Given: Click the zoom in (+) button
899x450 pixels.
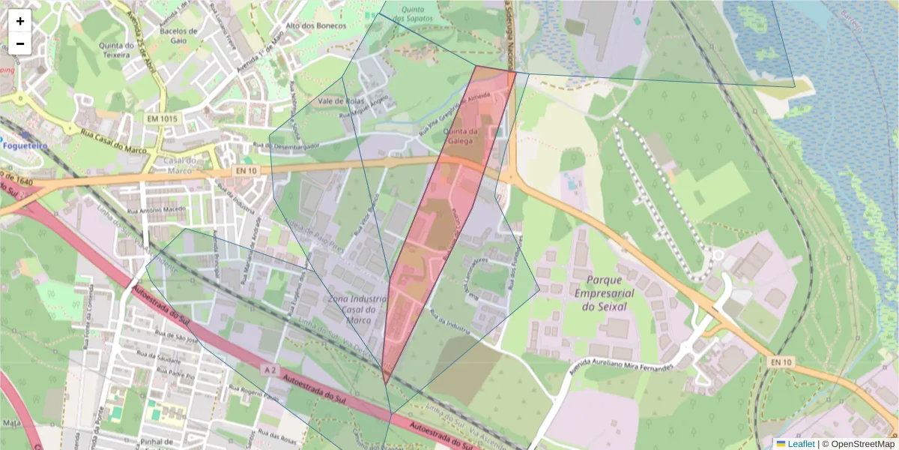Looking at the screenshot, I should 20,21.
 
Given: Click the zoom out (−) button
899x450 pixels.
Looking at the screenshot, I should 20,43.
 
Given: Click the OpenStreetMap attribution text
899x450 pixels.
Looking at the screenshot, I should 862,444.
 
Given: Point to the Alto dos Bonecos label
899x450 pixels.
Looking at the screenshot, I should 317,25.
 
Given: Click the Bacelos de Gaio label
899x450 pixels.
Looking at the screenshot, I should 178,35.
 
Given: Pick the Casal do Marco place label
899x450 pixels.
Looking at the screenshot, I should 180,164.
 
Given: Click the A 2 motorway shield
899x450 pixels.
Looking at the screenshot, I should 271,370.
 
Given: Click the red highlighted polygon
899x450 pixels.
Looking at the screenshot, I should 435,225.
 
